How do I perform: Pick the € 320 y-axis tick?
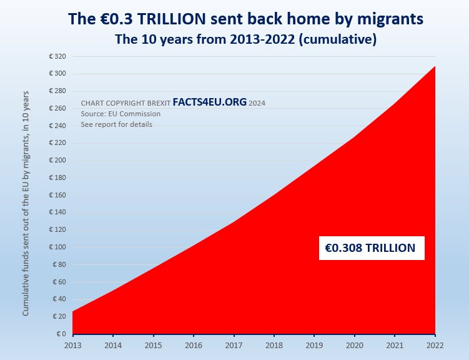pyautogui.click(x=57, y=57)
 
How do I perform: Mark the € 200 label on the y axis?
pyautogui.click(x=57, y=161)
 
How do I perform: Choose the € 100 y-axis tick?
pyautogui.click(x=57, y=247)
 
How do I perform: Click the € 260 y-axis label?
pyautogui.click(x=57, y=109)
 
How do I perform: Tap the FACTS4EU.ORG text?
pyautogui.click(x=209, y=102)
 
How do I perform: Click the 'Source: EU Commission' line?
pyautogui.click(x=121, y=114)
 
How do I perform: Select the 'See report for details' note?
pyautogui.click(x=116, y=124)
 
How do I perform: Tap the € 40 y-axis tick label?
pyautogui.click(x=59, y=299)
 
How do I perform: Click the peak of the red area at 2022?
pyautogui.click(x=435, y=67)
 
